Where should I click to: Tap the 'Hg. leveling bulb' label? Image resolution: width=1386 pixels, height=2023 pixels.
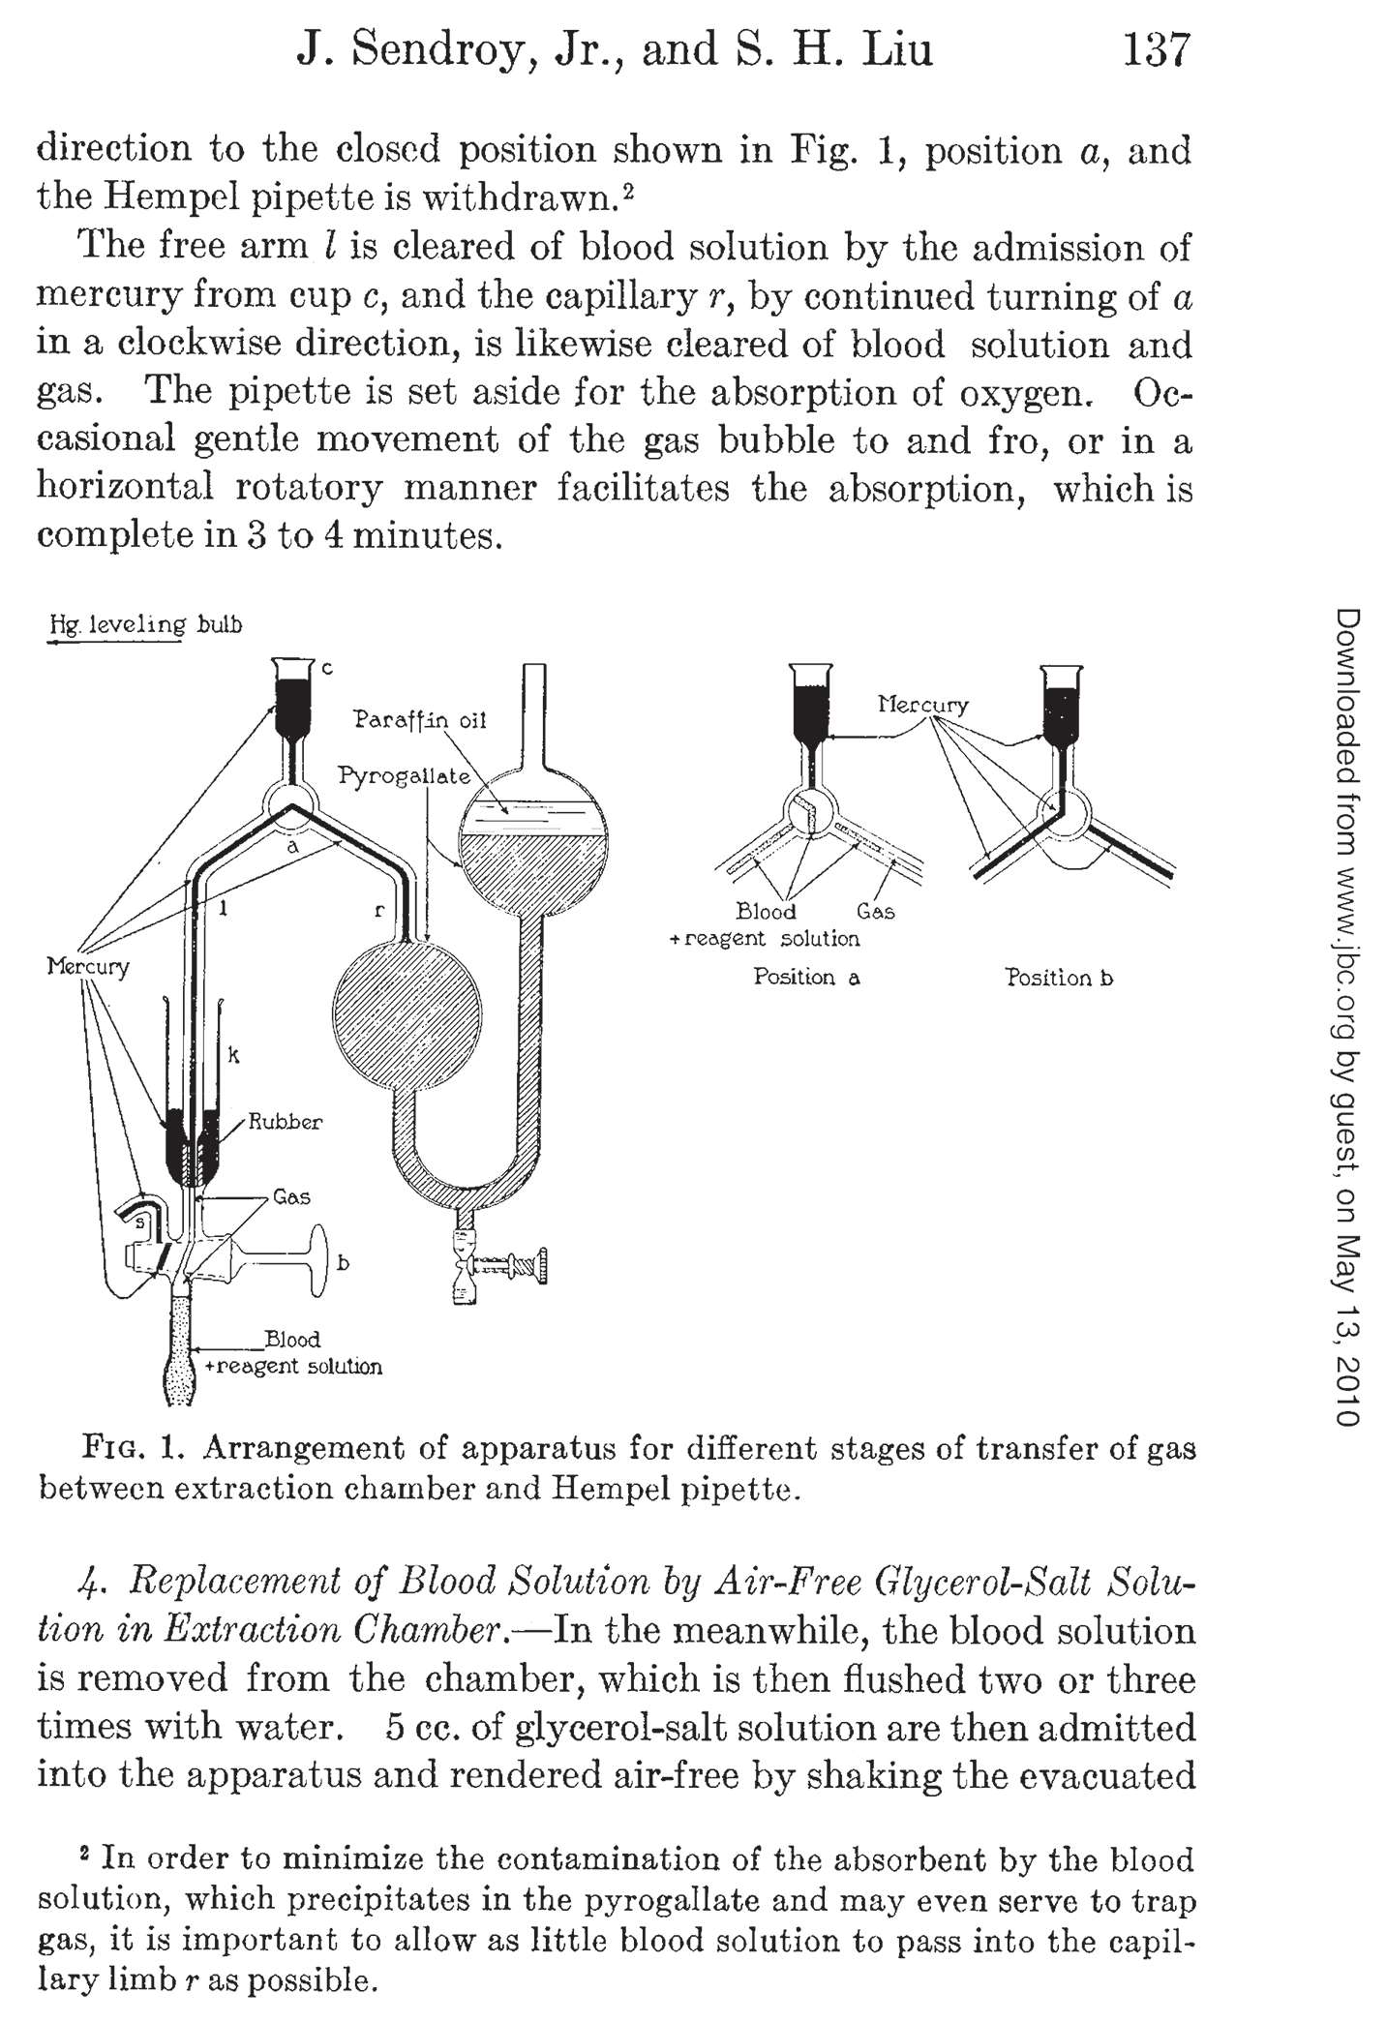click(x=146, y=624)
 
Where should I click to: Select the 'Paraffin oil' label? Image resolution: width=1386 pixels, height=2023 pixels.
click(x=419, y=720)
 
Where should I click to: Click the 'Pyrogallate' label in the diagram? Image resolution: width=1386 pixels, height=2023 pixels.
click(x=405, y=776)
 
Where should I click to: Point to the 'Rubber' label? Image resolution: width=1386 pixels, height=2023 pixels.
click(x=286, y=1122)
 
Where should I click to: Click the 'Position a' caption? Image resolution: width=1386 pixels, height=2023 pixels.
click(x=806, y=977)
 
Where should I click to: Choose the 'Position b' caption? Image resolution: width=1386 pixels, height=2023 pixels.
click(x=1059, y=978)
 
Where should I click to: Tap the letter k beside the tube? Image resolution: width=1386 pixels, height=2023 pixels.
click(x=233, y=1055)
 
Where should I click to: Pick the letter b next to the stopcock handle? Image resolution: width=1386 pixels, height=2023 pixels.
click(x=343, y=1262)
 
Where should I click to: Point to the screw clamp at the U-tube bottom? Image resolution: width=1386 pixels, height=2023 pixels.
click(x=499, y=1264)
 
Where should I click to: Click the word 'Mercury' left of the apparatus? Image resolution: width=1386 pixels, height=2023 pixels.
click(x=88, y=967)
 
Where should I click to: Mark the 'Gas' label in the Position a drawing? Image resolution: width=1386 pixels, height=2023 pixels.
click(x=875, y=912)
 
